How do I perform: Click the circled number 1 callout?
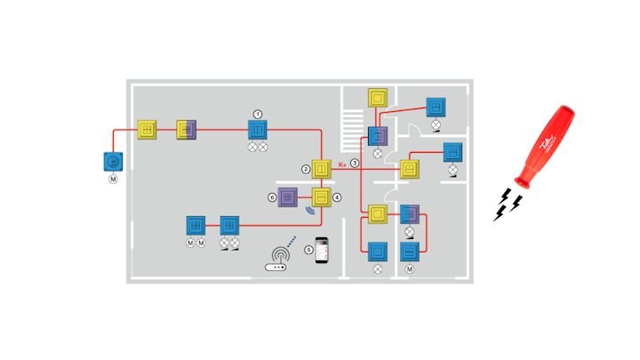point(258,114)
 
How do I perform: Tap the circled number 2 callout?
point(306,169)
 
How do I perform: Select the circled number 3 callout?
point(355,163)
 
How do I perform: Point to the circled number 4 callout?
point(336,196)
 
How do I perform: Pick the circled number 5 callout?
point(309,250)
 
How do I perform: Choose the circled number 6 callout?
point(272,196)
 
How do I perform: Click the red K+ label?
point(342,164)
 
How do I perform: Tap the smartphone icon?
point(323,250)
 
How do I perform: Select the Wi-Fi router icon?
point(277,263)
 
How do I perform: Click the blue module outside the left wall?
point(113,163)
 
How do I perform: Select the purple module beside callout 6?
point(288,196)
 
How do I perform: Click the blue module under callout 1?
point(258,131)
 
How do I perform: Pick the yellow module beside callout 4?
point(321,196)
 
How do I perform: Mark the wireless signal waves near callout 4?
point(310,212)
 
